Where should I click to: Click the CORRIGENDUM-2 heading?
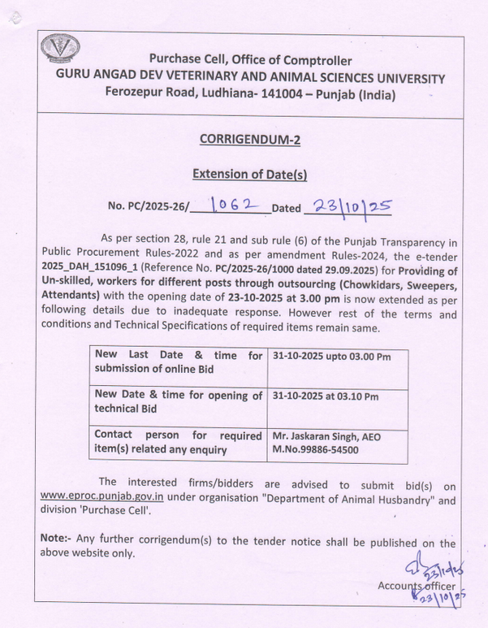[249, 140]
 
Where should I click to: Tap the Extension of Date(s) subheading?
[249, 174]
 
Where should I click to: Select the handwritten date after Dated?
[347, 206]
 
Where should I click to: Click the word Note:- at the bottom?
[56, 540]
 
